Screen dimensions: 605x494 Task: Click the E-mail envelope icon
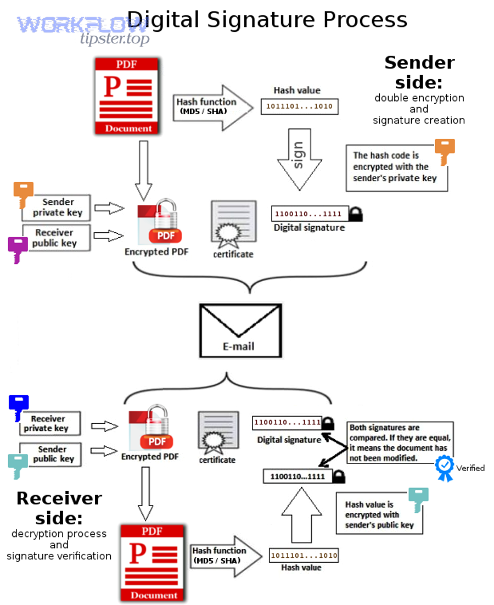pyautogui.click(x=240, y=329)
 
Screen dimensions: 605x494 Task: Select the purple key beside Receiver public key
pyautogui.click(x=18, y=249)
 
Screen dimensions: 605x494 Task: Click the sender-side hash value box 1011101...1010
pyautogui.click(x=300, y=107)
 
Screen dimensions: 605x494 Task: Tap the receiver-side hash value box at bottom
pyautogui.click(x=304, y=556)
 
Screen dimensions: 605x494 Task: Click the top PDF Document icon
pyautogui.click(x=127, y=97)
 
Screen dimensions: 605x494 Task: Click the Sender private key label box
pyautogui.click(x=56, y=208)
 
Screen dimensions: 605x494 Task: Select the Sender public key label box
pyautogui.click(x=51, y=454)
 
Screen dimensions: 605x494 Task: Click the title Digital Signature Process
pyautogui.click(x=267, y=20)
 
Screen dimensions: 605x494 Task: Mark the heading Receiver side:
pyautogui.click(x=59, y=507)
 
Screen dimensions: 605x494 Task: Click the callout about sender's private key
pyautogui.click(x=396, y=167)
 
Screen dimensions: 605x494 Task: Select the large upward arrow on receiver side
pyautogui.click(x=301, y=517)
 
